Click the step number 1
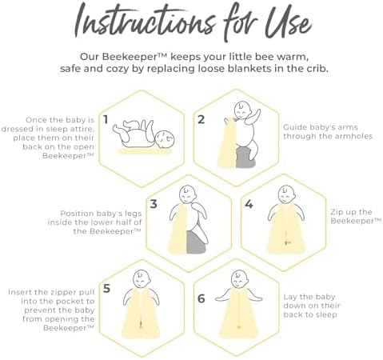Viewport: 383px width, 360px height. click(x=105, y=121)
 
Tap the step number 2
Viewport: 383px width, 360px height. click(x=201, y=120)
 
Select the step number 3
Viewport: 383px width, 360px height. click(x=153, y=204)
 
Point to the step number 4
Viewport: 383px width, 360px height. click(x=249, y=204)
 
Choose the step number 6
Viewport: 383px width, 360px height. click(x=201, y=298)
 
